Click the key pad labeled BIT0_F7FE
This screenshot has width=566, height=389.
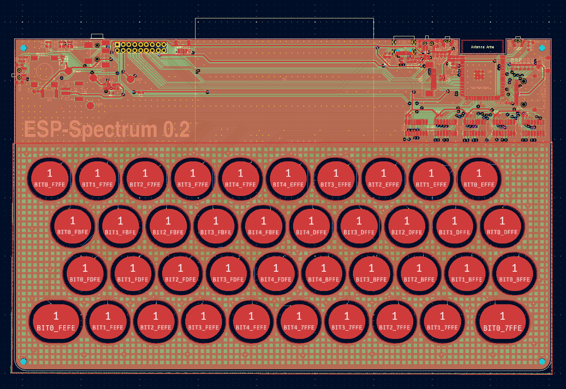(x=50, y=179)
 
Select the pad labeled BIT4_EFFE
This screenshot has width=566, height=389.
(x=288, y=179)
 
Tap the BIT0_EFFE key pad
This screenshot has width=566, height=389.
(x=479, y=179)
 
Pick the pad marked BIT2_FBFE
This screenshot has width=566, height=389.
(x=168, y=226)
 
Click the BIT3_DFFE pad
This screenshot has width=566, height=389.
(x=359, y=226)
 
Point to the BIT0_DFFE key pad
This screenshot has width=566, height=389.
(x=502, y=226)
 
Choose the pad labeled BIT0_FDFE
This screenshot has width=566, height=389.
(x=85, y=274)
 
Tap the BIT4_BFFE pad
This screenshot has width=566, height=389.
(x=323, y=274)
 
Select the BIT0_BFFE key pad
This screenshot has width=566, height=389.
(x=514, y=274)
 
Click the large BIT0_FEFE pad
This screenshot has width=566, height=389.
(x=56, y=322)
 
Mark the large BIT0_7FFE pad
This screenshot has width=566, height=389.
(x=502, y=322)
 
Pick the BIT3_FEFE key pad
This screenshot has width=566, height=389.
(x=203, y=322)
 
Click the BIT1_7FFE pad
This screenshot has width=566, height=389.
(x=442, y=322)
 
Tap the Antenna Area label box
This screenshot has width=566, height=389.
(x=482, y=47)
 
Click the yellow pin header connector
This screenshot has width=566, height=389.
(x=140, y=48)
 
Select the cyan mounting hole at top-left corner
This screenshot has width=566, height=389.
(x=24, y=48)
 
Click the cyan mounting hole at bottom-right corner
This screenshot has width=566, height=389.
(x=542, y=361)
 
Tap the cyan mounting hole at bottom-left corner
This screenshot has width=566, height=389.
(x=24, y=362)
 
